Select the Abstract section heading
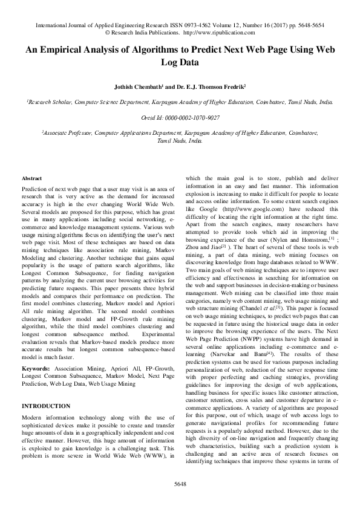click(x=31, y=179)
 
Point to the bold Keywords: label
click(x=36, y=351)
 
